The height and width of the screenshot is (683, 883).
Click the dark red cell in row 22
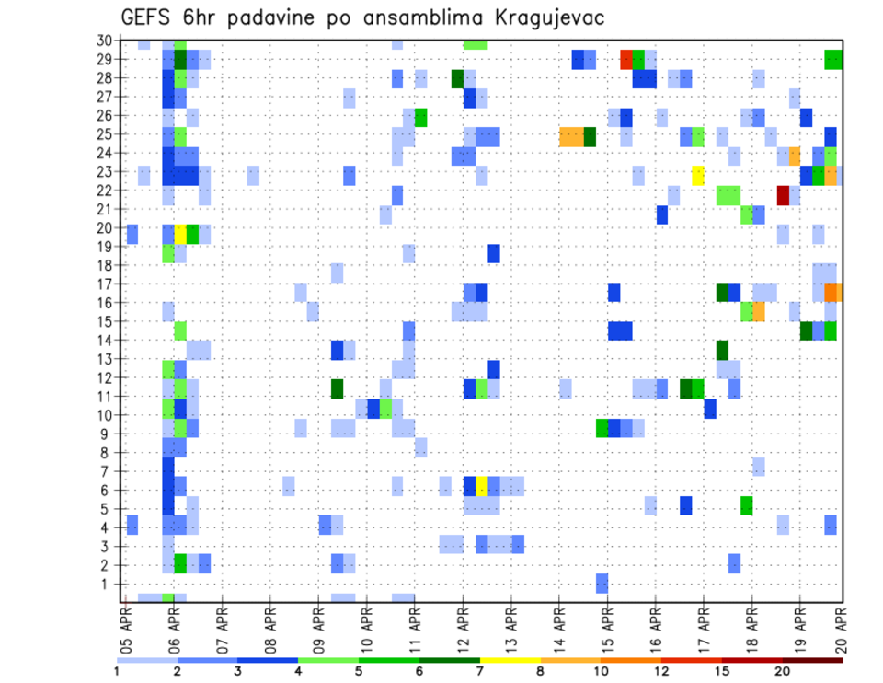(783, 195)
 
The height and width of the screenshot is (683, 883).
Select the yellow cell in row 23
(698, 175)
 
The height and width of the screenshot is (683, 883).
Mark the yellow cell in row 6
(481, 486)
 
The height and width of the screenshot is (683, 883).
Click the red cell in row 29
(626, 60)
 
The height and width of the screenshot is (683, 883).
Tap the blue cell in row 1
(602, 583)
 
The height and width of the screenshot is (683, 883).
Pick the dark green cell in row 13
(722, 350)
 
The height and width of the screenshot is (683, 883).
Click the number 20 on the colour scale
(783, 671)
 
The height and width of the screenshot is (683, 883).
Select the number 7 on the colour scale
(480, 671)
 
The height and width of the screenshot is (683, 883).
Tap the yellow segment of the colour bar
(510, 659)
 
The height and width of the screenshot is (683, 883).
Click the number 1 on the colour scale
(117, 671)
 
